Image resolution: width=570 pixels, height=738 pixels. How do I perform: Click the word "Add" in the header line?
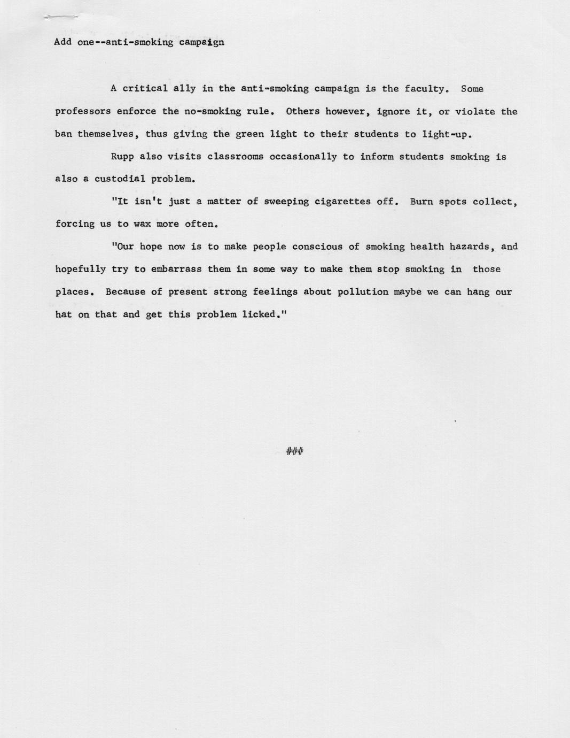[63, 42]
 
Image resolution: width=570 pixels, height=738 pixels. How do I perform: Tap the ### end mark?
[295, 451]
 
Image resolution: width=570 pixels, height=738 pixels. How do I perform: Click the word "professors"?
[83, 112]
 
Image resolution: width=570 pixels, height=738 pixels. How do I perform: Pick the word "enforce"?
[136, 112]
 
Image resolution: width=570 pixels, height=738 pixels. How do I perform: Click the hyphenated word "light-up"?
[445, 134]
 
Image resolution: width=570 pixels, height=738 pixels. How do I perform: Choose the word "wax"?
[142, 224]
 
